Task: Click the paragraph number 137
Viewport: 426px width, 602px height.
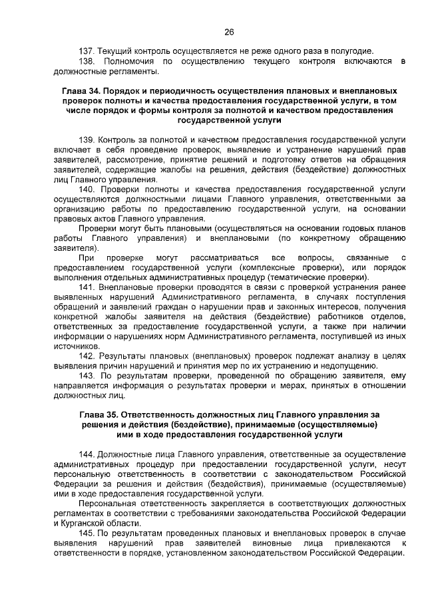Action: (x=87, y=51)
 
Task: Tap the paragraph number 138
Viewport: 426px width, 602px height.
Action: (x=87, y=61)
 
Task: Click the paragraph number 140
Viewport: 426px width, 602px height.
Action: (x=87, y=189)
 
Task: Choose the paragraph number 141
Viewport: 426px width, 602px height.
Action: (x=87, y=287)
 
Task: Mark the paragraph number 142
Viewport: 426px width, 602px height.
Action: (x=87, y=355)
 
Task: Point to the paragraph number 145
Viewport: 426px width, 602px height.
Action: (x=87, y=532)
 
